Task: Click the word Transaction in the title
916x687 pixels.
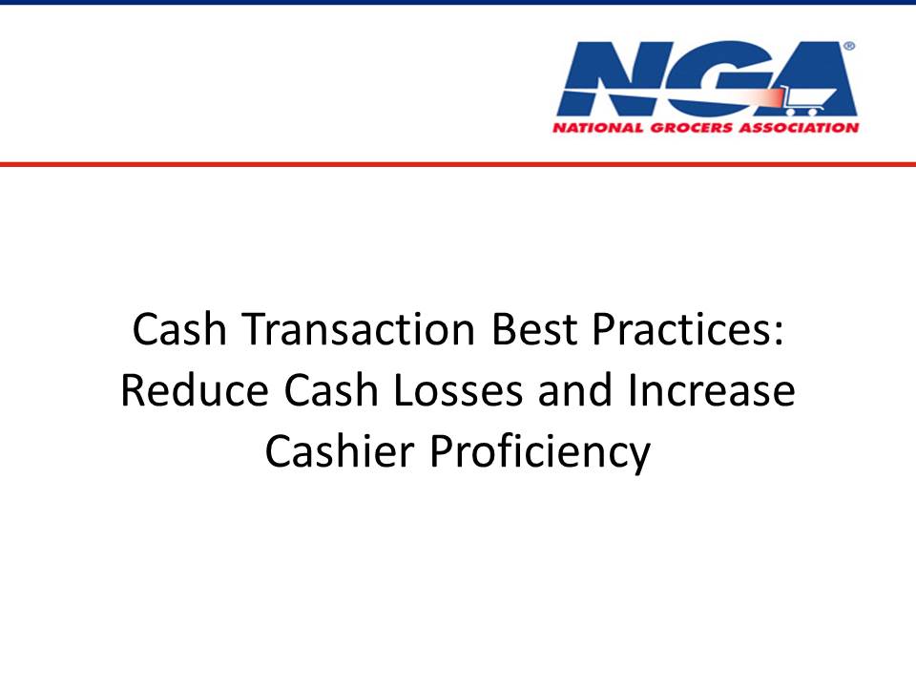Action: (x=359, y=329)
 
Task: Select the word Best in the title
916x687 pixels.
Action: (x=534, y=329)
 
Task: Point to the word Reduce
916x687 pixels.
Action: (x=195, y=390)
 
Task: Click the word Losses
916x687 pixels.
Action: (x=458, y=390)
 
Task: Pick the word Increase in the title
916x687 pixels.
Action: (x=712, y=390)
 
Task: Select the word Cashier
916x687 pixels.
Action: (x=340, y=451)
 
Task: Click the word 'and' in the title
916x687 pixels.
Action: (x=575, y=390)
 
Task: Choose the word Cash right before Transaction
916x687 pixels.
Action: (x=179, y=329)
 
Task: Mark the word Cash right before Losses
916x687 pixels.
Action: (x=331, y=390)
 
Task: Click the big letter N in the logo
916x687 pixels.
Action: (x=611, y=78)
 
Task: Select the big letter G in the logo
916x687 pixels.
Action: (x=714, y=78)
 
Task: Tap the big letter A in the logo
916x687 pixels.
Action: (x=812, y=78)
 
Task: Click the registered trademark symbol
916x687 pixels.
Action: (x=850, y=46)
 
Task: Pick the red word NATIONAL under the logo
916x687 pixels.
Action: (x=598, y=127)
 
